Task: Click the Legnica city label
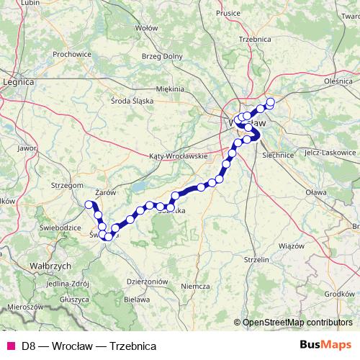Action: pyautogui.click(x=19, y=82)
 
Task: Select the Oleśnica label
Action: pyautogui.click(x=339, y=82)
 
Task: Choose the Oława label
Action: pyautogui.click(x=316, y=192)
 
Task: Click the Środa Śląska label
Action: pyautogui.click(x=133, y=102)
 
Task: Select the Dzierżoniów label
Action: pyautogui.click(x=147, y=282)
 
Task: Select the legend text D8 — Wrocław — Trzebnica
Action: pyautogui.click(x=89, y=346)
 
